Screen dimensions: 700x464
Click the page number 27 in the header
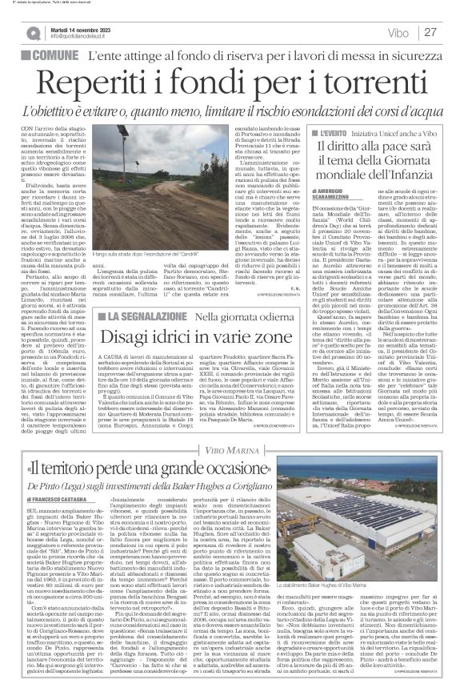coord(430,32)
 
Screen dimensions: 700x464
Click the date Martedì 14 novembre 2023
coord(83,28)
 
